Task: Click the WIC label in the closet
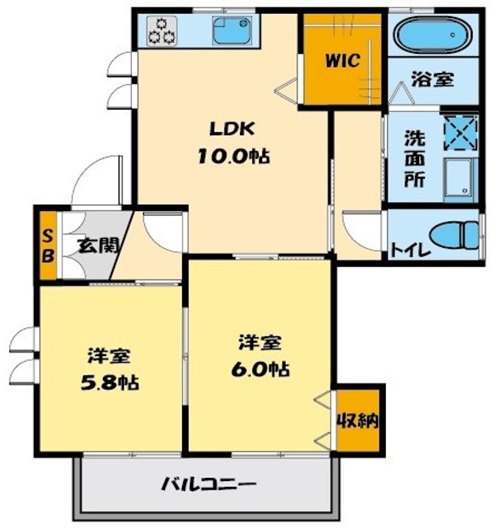pos(343,60)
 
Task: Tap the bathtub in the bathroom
pos(433,35)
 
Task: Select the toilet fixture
pos(454,235)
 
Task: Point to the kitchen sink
pos(232,31)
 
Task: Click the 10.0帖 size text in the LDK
pos(234,156)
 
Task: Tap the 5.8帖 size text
pos(109,383)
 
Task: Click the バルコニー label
pos(208,485)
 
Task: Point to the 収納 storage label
pos(358,421)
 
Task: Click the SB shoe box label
pos(48,246)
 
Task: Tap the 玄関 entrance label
pos(98,246)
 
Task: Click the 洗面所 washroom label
pos(415,159)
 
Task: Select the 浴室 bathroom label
pos(432,79)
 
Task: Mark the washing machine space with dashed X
pos(461,133)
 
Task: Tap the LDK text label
pos(232,128)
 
